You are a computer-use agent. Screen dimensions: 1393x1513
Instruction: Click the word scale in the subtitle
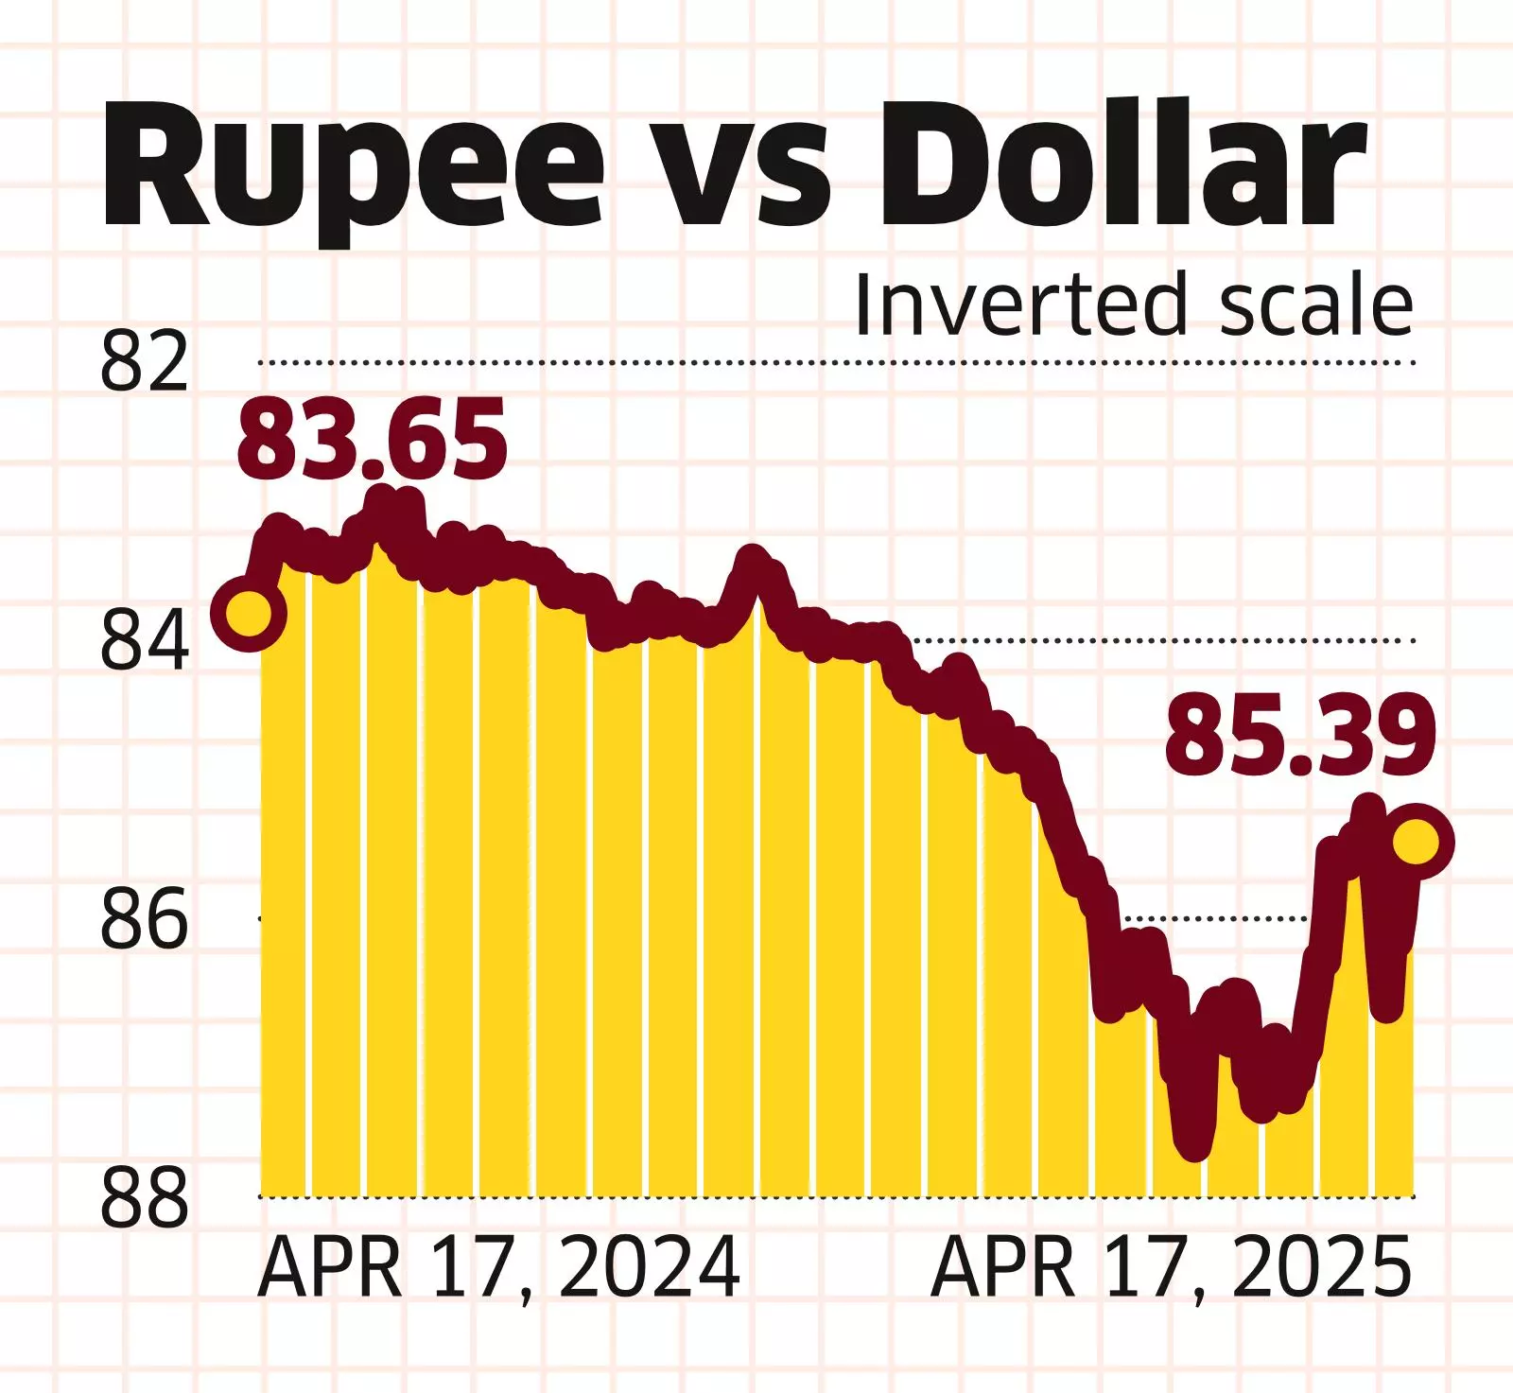1316,305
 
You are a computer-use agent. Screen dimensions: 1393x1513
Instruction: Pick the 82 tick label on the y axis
144,361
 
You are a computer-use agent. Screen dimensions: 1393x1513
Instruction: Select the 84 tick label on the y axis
144,641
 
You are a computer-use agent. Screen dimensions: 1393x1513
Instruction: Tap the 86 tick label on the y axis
144,918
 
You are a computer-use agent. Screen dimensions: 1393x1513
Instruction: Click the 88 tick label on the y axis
144,1197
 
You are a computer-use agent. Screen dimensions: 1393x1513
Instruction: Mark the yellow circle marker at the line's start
248,613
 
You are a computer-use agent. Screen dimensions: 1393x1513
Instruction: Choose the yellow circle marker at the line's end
1417,841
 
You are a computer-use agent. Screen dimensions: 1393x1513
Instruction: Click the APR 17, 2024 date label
498,1268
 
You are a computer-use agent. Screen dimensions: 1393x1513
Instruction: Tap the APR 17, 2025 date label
1171,1268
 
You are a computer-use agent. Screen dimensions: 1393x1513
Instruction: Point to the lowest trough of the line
1194,1147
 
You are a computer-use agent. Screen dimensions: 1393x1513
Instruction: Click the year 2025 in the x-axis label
1322,1268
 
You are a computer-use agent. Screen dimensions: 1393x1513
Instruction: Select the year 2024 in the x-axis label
650,1268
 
